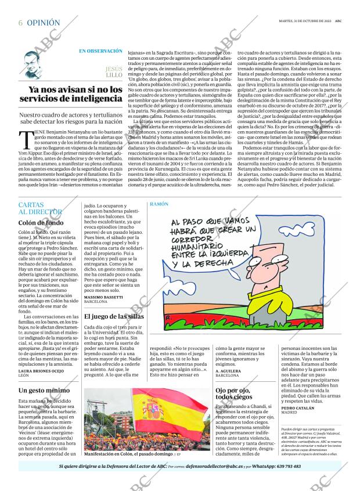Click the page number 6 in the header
(21, 23)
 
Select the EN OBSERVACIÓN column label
(100, 51)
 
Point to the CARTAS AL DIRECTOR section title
(39, 209)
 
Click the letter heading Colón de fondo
(41, 223)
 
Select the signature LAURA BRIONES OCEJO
(41, 371)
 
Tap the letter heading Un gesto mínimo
(44, 390)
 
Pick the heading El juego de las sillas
(114, 316)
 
